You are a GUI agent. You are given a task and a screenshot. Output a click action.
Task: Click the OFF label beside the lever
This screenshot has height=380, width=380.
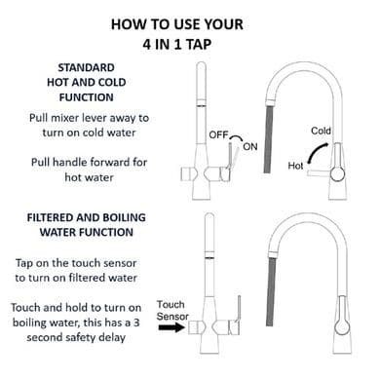click(218, 134)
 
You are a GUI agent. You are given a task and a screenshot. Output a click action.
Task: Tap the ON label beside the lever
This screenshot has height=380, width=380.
click(250, 147)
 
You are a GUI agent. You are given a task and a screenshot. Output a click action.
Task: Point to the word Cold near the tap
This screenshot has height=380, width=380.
click(321, 131)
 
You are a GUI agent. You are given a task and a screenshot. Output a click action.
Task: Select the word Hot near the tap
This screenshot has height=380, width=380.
click(295, 166)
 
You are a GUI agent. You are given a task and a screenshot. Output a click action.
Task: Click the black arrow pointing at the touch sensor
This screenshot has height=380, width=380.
click(171, 327)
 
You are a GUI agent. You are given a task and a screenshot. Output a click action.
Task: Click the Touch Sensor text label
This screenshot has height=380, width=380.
click(172, 310)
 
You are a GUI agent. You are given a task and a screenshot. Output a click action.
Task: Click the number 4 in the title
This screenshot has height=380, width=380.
click(147, 45)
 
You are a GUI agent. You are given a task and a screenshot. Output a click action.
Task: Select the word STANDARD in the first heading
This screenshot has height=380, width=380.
click(86, 67)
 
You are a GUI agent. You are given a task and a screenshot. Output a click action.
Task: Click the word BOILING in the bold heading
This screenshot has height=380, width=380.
click(123, 217)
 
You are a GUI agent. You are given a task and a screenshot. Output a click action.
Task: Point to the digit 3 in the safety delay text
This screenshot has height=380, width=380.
click(136, 323)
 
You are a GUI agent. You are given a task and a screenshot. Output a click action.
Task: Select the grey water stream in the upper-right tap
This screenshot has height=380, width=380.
click(269, 140)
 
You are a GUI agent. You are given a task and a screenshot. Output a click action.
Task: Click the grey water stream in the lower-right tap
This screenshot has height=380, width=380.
click(271, 291)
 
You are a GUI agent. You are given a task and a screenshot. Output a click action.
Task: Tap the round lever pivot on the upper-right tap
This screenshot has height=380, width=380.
click(337, 174)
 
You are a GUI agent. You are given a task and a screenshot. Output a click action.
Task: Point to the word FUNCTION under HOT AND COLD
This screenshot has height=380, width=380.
click(87, 97)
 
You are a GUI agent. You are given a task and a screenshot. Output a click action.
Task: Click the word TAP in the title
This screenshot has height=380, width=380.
click(199, 45)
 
